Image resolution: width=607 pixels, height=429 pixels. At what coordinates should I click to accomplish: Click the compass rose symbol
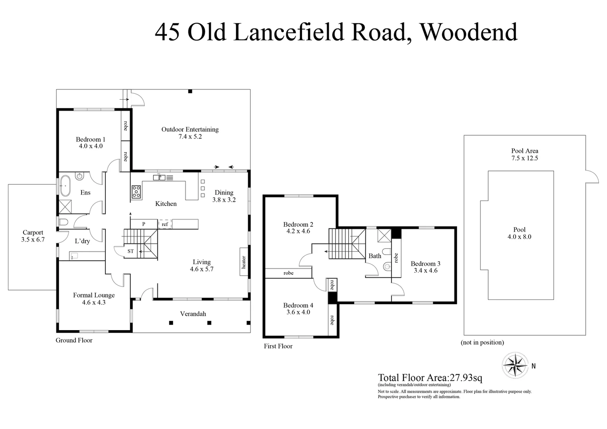pos(515,365)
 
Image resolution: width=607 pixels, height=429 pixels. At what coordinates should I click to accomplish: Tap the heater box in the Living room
pos(244,262)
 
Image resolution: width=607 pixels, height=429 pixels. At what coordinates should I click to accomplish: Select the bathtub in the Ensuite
pos(65,186)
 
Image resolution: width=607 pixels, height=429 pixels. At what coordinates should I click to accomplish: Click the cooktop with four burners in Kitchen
pos(136,192)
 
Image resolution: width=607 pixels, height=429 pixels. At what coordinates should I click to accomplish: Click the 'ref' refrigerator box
pos(165,224)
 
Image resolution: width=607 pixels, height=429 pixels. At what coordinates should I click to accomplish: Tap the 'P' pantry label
pos(144,224)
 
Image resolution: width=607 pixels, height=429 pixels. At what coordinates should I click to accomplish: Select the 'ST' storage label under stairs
pos(130,251)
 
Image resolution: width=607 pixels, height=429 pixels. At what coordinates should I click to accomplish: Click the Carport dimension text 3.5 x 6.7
pos(33,240)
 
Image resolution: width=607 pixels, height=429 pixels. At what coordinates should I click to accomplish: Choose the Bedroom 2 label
pos(298,224)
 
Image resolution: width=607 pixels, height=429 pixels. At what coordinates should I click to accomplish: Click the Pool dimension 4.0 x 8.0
pos(519,237)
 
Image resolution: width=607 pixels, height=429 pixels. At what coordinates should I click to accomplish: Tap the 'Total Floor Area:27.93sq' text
pos(430,377)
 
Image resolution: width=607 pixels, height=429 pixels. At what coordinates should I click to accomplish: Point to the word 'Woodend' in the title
pos(469,32)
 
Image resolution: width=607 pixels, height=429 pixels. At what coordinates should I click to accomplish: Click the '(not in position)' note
pos(482,342)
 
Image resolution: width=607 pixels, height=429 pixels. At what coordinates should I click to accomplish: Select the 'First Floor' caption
pos(278,346)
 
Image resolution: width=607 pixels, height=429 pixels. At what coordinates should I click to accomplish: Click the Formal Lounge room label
pos(94,295)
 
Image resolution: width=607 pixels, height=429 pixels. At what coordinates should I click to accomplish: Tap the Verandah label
pos(193,314)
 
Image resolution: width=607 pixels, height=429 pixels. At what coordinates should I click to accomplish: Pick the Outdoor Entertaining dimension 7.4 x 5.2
pos(190,136)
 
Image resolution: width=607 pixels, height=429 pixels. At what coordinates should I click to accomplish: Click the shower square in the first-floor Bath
pos(384,235)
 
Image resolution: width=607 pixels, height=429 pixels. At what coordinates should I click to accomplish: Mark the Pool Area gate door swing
pos(591,177)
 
